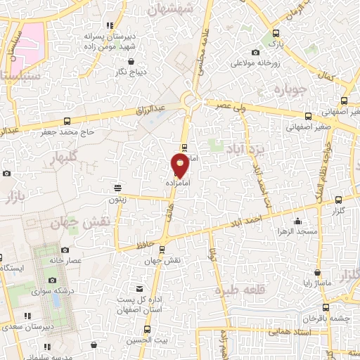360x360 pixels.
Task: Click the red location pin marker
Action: point(180,165)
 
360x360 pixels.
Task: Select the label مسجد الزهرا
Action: point(297,231)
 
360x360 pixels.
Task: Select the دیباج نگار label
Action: point(130,72)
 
